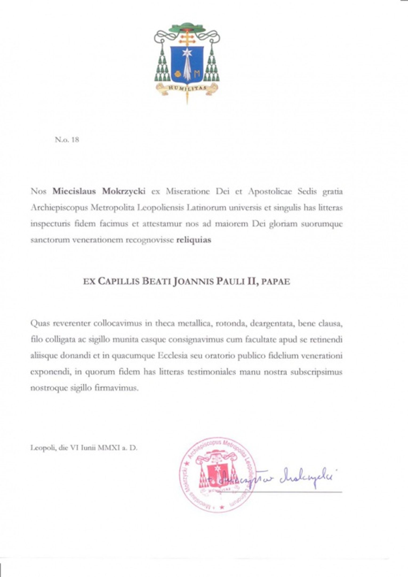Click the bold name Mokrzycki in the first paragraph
pos(124,191)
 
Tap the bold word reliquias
pos(194,240)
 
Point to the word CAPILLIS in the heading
pos(118,281)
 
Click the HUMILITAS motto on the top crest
pos(187,88)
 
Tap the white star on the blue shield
pos(187,53)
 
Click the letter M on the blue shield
pos(197,73)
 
